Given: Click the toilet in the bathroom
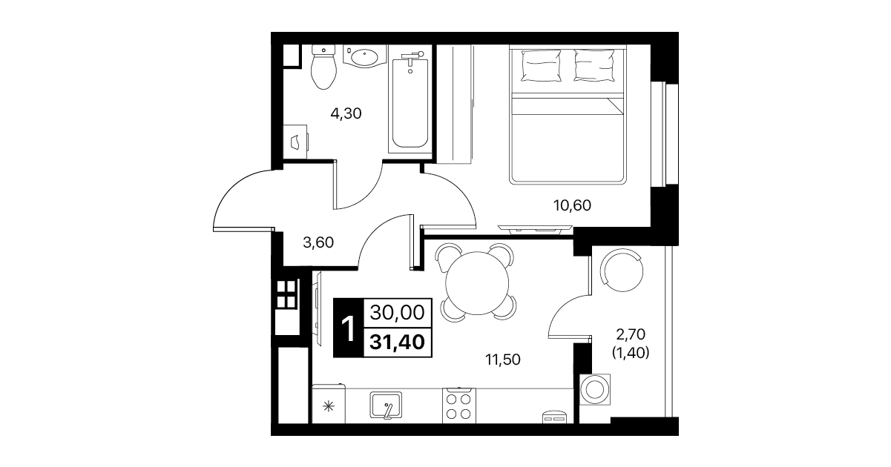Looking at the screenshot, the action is tap(323, 67).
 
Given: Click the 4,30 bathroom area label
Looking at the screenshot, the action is tap(346, 113).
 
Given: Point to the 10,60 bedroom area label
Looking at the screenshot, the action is tap(572, 205).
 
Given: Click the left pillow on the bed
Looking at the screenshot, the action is tap(541, 65).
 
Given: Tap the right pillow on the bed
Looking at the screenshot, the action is tap(594, 65).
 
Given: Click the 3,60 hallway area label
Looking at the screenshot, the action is tap(318, 242).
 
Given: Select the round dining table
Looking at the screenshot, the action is tap(477, 283).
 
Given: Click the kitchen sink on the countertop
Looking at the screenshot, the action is tap(386, 405).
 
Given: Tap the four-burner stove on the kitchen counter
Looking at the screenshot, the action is tap(458, 405).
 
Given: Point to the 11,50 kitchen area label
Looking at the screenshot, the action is tap(503, 360).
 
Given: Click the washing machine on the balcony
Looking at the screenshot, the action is tap(595, 389).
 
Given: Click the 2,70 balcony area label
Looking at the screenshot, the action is tap(631, 334).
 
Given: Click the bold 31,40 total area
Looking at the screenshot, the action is tap(397, 342).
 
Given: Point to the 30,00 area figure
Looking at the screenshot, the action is tap(397, 312).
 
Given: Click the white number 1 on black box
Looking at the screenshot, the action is tap(348, 328).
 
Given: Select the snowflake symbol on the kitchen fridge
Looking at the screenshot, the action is tap(328, 406).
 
